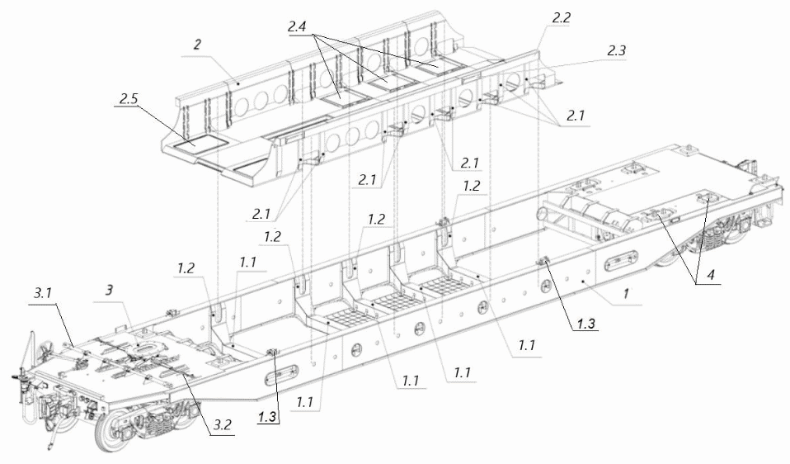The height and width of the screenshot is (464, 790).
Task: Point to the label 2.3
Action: pyautogui.click(x=617, y=51)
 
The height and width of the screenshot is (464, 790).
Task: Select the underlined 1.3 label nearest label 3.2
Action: pyautogui.click(x=266, y=417)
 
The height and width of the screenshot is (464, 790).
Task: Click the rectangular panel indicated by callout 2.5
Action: pyautogui.click(x=195, y=141)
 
